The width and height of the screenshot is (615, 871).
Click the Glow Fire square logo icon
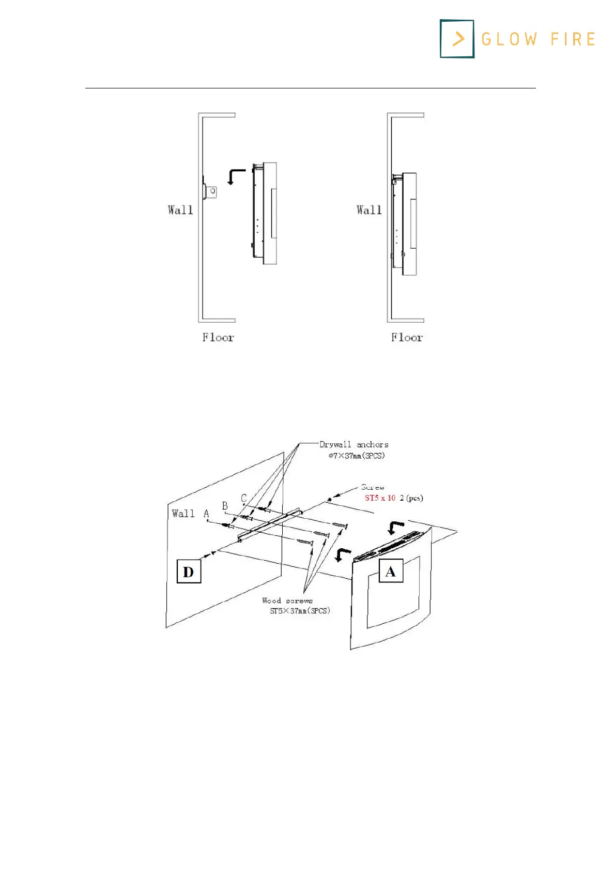[457, 39]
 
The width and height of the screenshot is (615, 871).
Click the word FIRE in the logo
[573, 39]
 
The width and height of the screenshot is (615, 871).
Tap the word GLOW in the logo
[509, 39]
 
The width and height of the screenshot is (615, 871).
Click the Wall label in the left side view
[180, 210]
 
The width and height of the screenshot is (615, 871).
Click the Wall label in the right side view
[369, 210]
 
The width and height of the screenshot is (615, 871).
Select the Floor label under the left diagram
[218, 338]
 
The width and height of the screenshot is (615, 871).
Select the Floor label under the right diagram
[407, 338]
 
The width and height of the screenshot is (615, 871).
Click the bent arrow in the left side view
[236, 176]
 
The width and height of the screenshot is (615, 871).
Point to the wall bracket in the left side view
[210, 191]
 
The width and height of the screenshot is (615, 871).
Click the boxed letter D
[189, 572]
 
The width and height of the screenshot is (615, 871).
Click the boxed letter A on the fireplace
[391, 571]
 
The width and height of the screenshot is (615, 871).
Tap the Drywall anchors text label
[354, 445]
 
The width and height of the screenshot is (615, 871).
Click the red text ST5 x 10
[380, 498]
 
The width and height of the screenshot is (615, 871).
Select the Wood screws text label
[287, 601]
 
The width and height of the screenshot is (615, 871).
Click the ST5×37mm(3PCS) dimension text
[300, 611]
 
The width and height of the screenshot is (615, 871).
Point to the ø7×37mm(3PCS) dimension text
[357, 456]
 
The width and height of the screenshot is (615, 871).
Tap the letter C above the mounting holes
[244, 498]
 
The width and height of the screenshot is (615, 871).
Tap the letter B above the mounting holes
[225, 506]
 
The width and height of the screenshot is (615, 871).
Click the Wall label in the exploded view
[183, 514]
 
